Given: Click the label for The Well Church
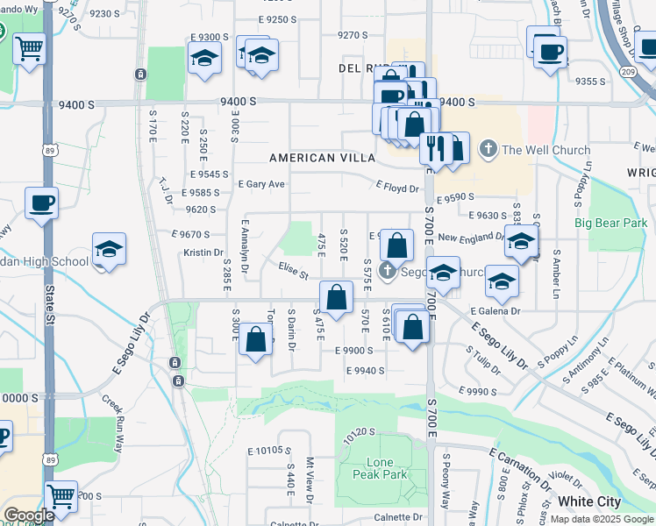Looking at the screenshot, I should (545, 150).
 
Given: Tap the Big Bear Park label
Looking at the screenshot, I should (610, 223).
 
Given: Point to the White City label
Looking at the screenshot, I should (589, 502).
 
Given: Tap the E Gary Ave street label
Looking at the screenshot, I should (261, 184).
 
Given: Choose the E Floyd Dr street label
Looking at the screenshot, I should (398, 187).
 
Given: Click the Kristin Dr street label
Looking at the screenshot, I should (203, 252).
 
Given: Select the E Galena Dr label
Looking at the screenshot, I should (495, 310).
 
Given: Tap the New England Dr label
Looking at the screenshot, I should (471, 238).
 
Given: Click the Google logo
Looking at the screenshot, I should (28, 516).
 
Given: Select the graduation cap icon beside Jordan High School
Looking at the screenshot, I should (109, 249).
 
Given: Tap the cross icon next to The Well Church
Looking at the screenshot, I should (488, 150).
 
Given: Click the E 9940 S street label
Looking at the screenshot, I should (365, 371).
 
